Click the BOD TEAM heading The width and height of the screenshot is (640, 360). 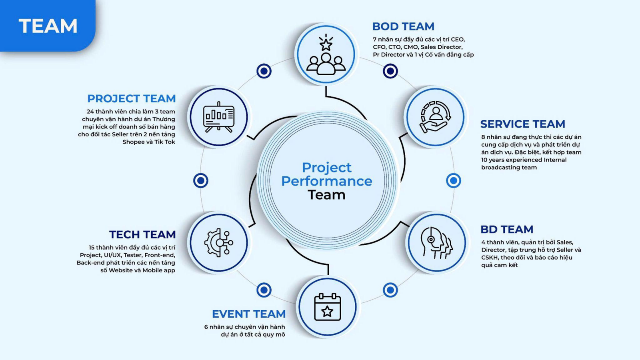coord(403,26)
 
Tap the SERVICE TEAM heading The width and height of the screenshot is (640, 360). coord(522,124)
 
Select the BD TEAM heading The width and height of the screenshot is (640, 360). coord(506,229)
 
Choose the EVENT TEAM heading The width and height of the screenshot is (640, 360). coord(248,314)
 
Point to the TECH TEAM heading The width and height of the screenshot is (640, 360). coord(142,234)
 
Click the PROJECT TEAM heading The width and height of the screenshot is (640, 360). coord(131,98)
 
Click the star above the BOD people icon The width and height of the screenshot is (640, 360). coord(326,44)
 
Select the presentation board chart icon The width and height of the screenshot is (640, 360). coord(218,117)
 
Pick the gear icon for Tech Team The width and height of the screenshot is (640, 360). coord(218,242)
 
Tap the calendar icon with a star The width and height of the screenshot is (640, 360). coord(327,307)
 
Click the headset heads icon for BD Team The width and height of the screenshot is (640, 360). coord(436,242)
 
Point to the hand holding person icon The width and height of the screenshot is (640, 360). coord(435,117)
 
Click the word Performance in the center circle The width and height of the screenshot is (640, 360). coord(326,181)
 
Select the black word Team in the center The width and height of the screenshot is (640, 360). coord(326,195)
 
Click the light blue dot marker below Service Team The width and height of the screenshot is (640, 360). coord(453,180)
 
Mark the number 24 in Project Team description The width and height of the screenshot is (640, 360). coord(90,112)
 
